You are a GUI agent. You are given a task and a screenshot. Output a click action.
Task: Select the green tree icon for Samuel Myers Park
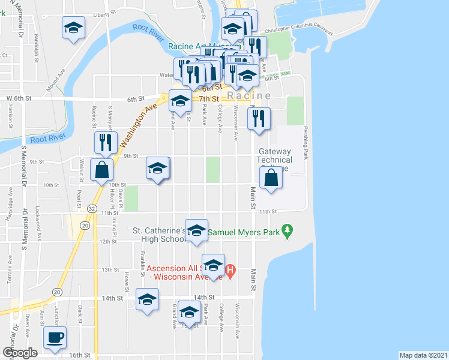pos(288,229)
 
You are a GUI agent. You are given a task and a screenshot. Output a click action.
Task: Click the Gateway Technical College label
pos(274,160)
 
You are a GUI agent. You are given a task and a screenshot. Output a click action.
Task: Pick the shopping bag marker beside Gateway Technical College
pos(271,178)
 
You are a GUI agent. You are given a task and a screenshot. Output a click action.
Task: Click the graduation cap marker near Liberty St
pos(73,28)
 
